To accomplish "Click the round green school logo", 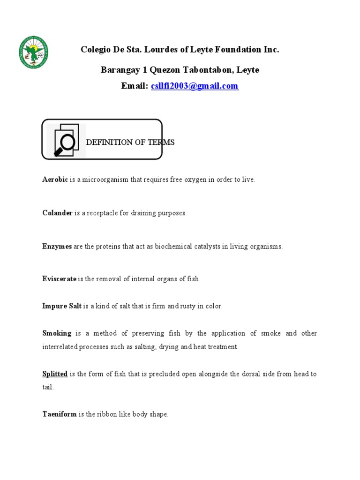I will (x=33, y=52).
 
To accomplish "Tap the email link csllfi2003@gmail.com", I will (x=195, y=86).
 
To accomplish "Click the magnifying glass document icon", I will (x=66, y=139).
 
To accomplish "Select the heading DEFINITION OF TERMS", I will (x=130, y=142).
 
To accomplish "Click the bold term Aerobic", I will (x=55, y=180).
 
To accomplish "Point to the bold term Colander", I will (x=57, y=213).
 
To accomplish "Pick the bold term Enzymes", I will (x=57, y=247).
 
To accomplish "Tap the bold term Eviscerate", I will (x=59, y=279).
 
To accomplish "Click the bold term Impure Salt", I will (x=62, y=306).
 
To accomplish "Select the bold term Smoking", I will (x=57, y=333).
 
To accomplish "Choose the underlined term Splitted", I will (x=55, y=374).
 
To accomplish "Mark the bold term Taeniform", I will (x=60, y=414).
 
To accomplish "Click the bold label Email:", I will (x=135, y=86).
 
